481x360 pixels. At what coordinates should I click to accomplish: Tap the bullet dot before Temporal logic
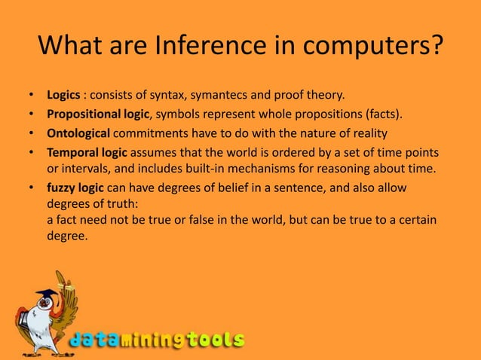tap(31, 152)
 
